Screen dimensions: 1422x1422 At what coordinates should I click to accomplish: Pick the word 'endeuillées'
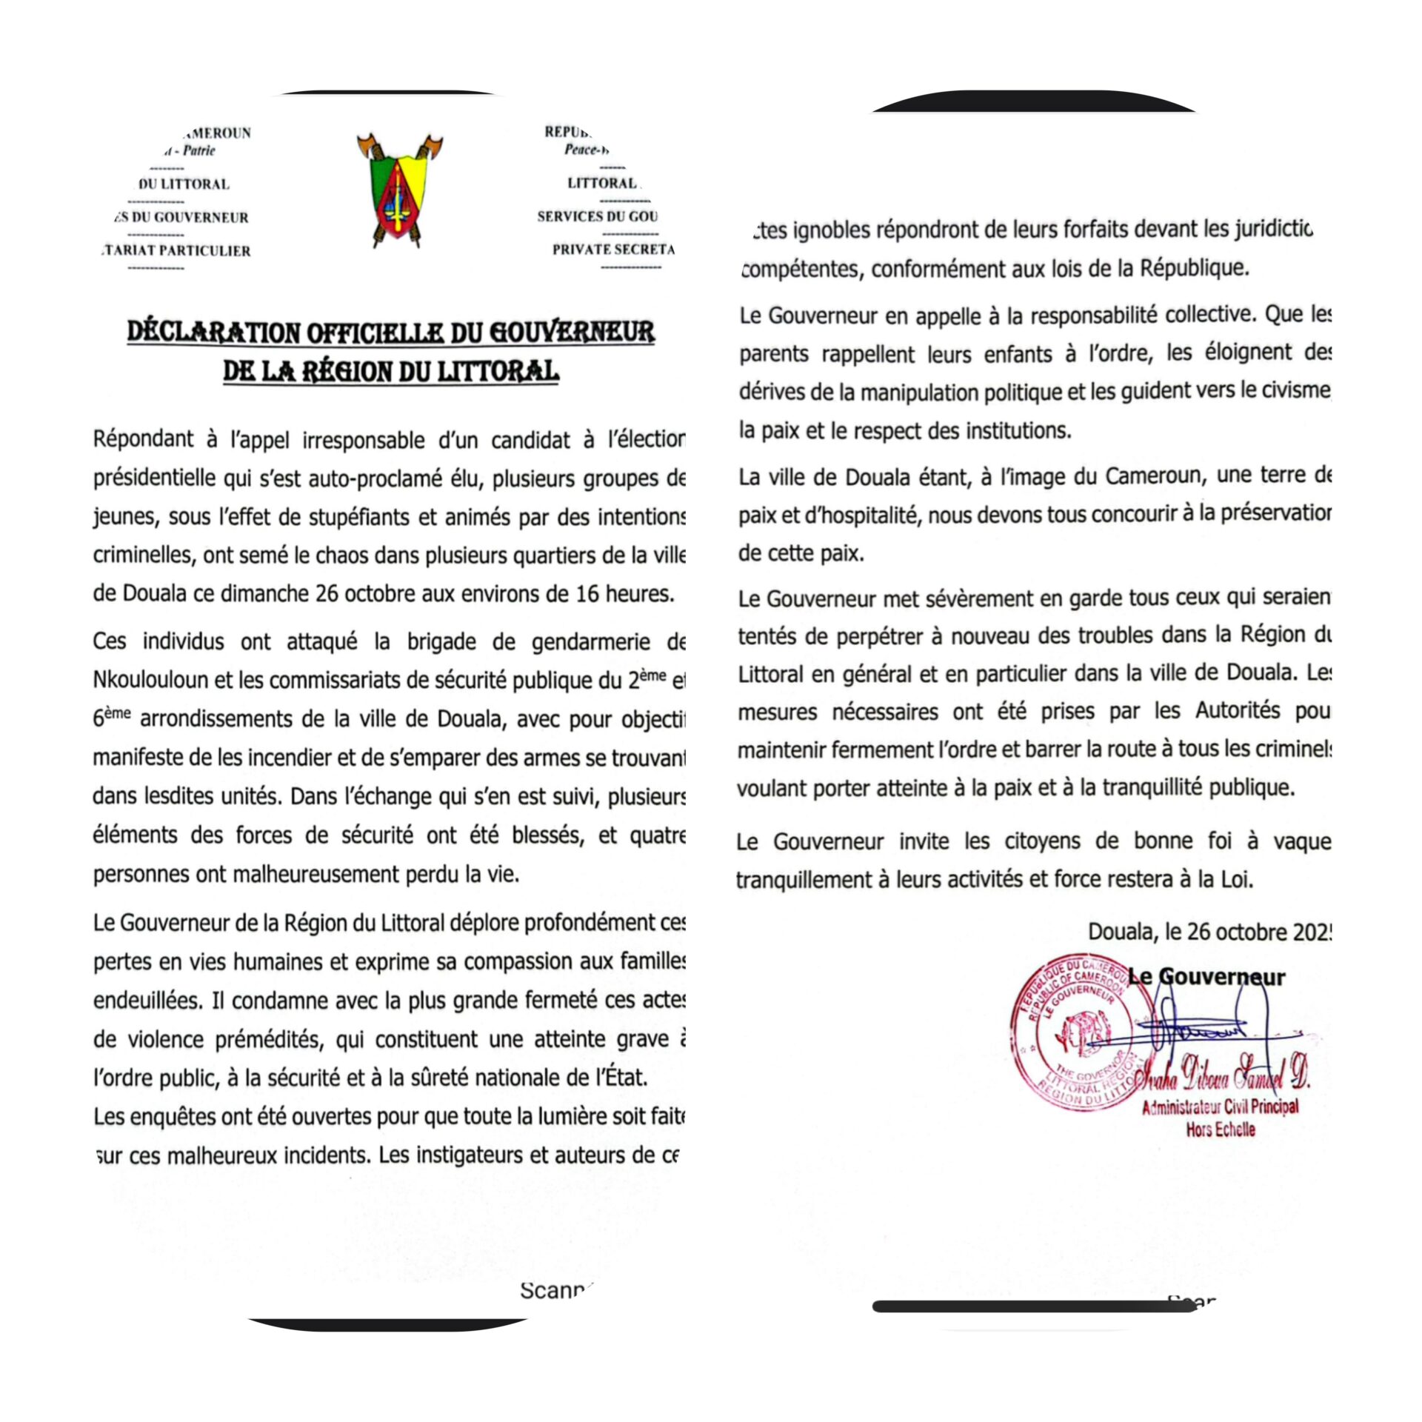[147, 1001]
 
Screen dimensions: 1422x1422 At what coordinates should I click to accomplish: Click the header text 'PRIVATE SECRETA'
[613, 250]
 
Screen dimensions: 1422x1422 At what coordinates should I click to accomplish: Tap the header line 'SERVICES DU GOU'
[597, 216]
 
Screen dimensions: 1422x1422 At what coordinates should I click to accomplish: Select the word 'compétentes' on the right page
[799, 269]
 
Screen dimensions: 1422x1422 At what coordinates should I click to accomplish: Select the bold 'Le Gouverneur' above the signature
[1207, 977]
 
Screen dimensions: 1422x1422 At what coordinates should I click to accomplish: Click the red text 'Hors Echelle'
[1220, 1129]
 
